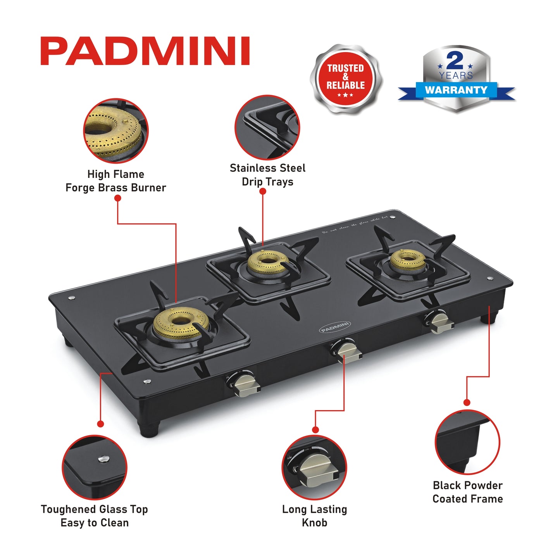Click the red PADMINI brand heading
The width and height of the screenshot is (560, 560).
tap(145, 51)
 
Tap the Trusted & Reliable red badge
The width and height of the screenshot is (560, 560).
tap(346, 80)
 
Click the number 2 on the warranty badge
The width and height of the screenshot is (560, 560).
tap(455, 60)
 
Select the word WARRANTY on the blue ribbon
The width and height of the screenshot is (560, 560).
tap(456, 90)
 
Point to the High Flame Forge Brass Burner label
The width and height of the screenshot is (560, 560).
tap(115, 181)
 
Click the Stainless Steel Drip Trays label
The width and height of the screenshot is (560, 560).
tap(267, 175)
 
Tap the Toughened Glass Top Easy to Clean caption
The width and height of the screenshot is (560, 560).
tap(95, 516)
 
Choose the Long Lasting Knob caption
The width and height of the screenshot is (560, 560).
tap(314, 516)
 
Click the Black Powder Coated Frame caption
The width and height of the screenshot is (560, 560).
tap(467, 492)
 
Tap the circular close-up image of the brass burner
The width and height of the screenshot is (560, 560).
tap(116, 131)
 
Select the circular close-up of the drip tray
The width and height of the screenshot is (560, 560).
tap(267, 127)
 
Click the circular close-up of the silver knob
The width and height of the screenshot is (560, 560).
tap(314, 467)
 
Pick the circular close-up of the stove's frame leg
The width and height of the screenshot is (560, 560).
tap(467, 442)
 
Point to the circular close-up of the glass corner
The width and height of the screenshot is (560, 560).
tap(95, 467)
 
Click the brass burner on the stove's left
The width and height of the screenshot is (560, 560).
tap(181, 322)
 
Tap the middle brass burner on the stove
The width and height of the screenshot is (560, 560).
tap(267, 263)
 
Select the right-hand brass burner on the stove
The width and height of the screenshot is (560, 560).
tap(407, 259)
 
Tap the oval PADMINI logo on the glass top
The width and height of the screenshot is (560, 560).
tap(335, 327)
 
